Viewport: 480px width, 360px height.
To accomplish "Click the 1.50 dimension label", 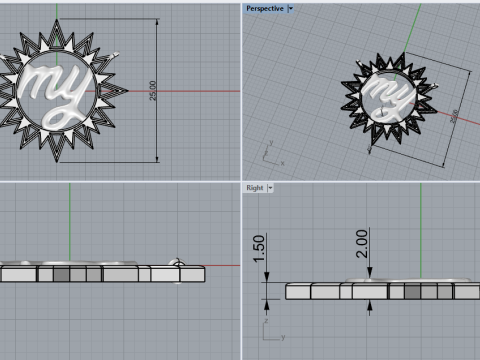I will point(258,249).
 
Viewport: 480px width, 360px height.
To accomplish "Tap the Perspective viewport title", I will point(265,8).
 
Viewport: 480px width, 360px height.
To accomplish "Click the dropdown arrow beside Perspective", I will point(290,8).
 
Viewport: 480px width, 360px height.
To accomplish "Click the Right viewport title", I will point(254,187).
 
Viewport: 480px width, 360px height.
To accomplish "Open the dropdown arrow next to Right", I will point(270,187).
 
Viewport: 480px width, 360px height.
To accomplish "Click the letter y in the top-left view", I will point(79,91).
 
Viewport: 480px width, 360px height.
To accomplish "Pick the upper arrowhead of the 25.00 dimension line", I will point(157,23).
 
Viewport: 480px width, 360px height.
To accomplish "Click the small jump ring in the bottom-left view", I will point(176,262).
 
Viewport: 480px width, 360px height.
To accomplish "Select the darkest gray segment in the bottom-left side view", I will point(61,274).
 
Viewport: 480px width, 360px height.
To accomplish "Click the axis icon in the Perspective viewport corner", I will point(269,155).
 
